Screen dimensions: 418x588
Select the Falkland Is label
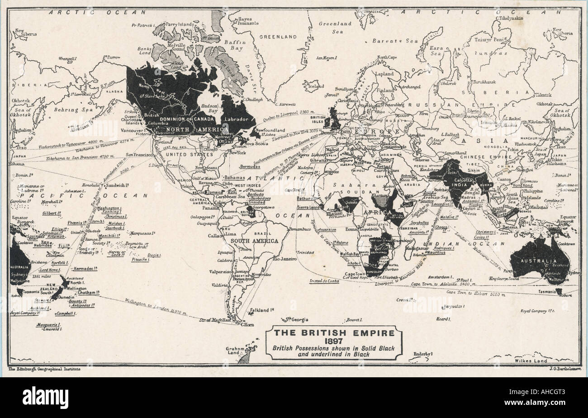pyautogui.click(x=263, y=311)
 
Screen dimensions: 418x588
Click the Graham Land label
pyautogui.click(x=234, y=351)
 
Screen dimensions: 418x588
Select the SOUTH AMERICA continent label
pyautogui.click(x=254, y=241)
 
